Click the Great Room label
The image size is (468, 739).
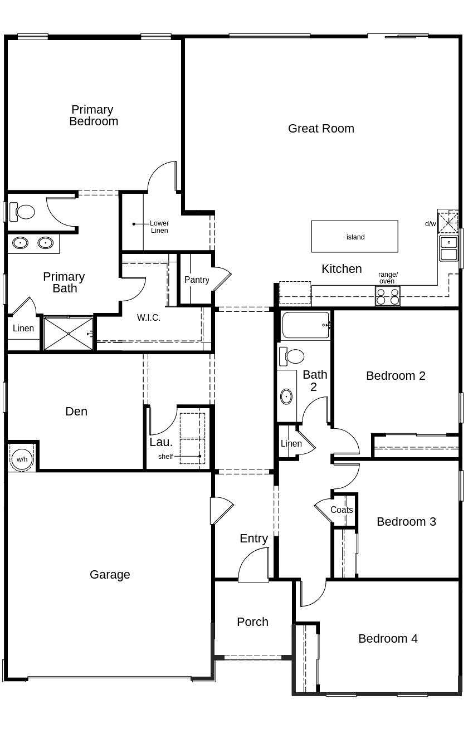(321, 129)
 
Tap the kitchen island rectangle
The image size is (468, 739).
(354, 237)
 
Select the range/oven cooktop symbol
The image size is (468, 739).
(387, 296)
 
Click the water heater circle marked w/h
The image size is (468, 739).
(22, 459)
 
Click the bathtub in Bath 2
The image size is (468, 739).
(305, 325)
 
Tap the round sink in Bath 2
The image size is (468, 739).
(286, 397)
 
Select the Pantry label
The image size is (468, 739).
(197, 280)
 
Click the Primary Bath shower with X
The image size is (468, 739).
(68, 334)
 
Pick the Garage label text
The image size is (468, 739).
(110, 575)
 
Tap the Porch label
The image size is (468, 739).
(252, 622)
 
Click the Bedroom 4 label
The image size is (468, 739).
(388, 639)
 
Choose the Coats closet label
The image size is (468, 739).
(341, 510)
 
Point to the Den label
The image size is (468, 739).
(76, 412)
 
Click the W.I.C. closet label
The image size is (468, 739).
(149, 318)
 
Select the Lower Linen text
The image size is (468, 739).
(159, 227)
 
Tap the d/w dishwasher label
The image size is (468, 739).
(430, 224)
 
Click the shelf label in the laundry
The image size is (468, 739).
(165, 457)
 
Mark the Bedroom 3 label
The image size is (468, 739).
(406, 522)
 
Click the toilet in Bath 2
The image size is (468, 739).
(292, 356)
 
